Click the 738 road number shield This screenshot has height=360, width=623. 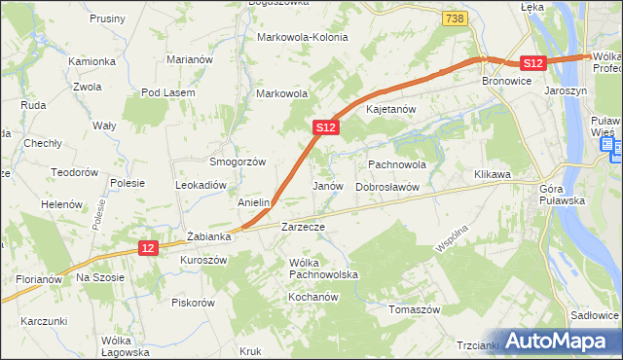(454, 18)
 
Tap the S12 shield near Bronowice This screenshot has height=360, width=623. (531, 62)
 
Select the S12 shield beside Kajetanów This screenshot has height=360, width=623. (326, 127)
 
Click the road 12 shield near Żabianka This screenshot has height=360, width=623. (148, 248)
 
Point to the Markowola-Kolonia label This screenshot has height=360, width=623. (302, 37)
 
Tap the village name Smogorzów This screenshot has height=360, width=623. (238, 162)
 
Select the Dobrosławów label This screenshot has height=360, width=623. (386, 186)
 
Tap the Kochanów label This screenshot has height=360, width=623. (311, 295)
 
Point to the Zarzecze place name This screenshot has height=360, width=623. (302, 227)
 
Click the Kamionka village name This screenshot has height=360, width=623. (92, 61)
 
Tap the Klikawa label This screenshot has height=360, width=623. (493, 174)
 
